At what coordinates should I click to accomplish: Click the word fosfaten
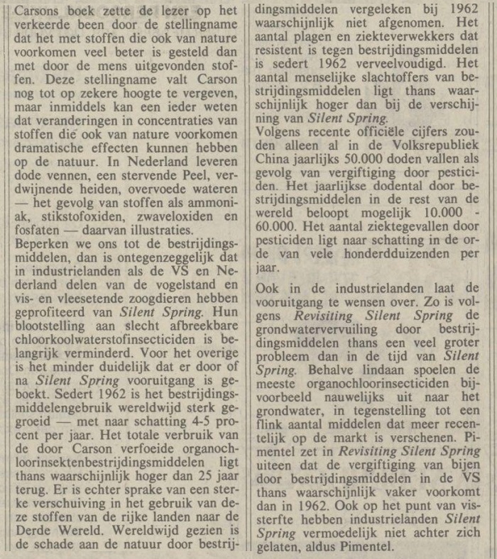coord(42,230)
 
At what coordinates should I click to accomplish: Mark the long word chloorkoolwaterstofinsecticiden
coord(108,338)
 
